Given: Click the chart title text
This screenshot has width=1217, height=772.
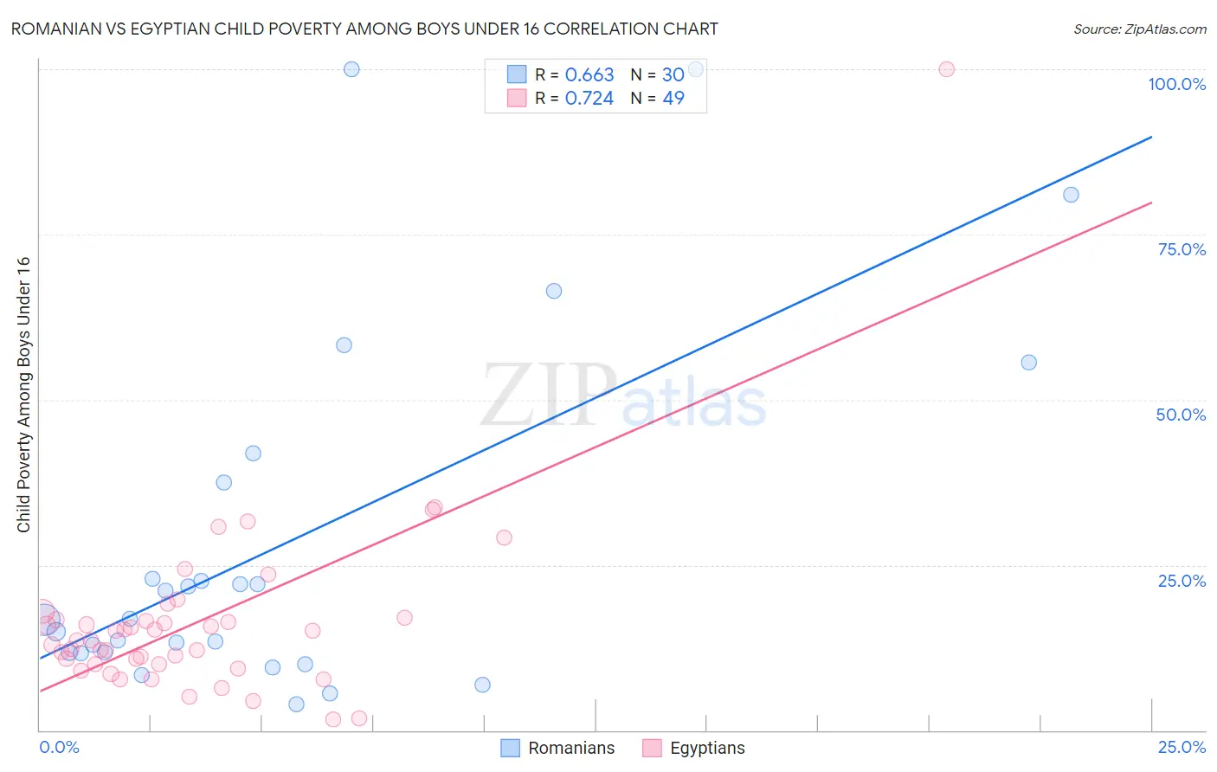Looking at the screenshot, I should point(364,29).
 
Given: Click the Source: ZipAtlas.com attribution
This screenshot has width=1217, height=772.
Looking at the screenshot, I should point(1139,29).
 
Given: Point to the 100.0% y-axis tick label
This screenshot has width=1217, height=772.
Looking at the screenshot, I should point(1176,84).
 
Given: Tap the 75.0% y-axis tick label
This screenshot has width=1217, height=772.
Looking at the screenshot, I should point(1182,249).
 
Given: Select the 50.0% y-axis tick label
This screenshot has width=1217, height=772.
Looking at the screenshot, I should point(1181,415).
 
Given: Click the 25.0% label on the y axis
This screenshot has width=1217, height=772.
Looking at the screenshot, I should point(1182,581).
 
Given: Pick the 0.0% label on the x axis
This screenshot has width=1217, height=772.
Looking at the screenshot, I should point(59,747).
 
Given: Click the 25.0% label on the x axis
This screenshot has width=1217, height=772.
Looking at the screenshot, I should point(1182,747).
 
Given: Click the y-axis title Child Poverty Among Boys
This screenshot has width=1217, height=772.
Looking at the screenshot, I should point(24,395).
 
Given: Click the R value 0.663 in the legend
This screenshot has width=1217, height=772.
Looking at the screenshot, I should point(589,74).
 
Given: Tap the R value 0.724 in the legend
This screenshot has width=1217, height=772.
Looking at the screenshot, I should point(589,98).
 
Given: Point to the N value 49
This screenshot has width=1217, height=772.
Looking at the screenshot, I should point(673,98).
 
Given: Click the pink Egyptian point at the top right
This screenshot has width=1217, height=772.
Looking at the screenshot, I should point(946,69).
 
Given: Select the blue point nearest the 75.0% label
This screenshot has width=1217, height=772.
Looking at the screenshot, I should point(1071,195).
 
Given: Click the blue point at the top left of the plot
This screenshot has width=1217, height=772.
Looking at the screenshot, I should point(351,69).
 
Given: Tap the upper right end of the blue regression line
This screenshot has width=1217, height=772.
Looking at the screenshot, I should point(1151,137).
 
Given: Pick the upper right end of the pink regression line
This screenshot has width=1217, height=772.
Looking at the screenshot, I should point(1151,203).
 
